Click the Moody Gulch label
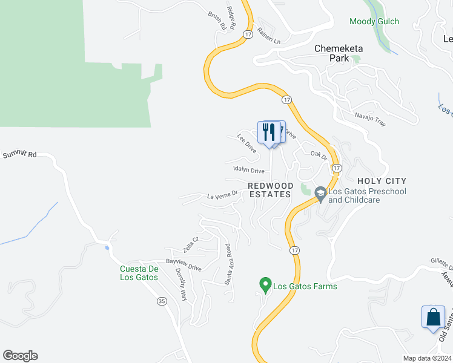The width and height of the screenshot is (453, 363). [374, 22]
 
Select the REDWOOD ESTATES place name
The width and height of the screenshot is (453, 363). [271, 190]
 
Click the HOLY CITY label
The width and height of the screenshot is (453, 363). [382, 181]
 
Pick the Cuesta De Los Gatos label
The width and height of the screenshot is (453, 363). [139, 273]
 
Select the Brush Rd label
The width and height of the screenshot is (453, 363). [217, 21]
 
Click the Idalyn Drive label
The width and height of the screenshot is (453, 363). [248, 171]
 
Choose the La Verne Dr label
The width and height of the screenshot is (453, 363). [220, 195]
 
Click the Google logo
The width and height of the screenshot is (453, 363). [20, 356]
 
